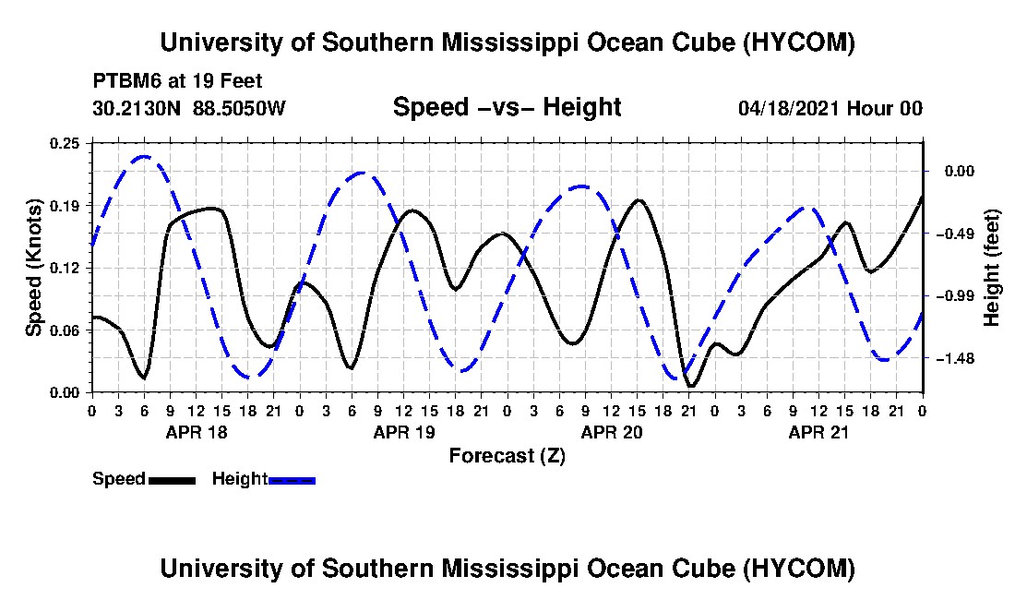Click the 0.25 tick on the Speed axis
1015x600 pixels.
click(65, 143)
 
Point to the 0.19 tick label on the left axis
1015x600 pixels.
click(65, 206)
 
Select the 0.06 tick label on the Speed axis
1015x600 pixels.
click(65, 330)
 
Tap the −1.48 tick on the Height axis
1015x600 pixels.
click(953, 358)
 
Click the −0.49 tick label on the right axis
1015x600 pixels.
click(953, 233)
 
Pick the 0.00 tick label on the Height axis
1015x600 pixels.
click(959, 171)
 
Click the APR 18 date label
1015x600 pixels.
click(197, 432)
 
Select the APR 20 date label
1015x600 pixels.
click(612, 432)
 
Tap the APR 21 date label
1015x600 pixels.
click(818, 432)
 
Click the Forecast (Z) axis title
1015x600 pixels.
click(507, 456)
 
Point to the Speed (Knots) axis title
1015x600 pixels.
click(33, 268)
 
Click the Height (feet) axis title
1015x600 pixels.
click(991, 268)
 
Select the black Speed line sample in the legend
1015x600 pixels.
click(172, 480)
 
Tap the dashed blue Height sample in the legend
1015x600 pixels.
click(292, 480)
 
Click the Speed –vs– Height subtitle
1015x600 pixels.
click(507, 107)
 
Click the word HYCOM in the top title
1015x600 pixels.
click(799, 42)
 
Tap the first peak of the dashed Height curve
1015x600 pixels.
click(144, 157)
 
